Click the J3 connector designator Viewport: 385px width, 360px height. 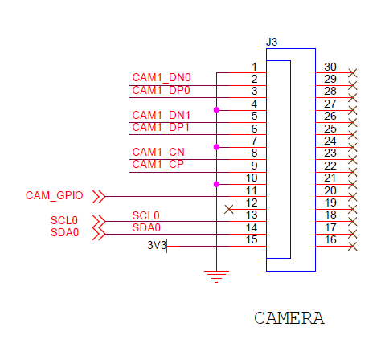[272, 42]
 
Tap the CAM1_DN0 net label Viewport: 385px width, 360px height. [162, 78]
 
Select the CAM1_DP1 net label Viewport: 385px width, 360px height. [161, 127]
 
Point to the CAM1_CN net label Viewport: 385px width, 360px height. [158, 152]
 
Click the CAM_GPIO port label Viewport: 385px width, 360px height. [54, 195]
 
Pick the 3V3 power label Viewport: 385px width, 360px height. [157, 245]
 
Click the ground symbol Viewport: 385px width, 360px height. [216, 276]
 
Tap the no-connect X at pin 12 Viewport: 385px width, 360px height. [229, 210]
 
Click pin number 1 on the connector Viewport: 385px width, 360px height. [254, 67]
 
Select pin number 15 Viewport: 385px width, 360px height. [252, 239]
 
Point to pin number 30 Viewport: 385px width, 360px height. [330, 67]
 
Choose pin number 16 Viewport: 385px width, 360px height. [330, 239]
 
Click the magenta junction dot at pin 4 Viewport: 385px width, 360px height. [216, 110]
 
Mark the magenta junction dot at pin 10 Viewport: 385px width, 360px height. [216, 184]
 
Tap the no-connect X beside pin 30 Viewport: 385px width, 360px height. [353, 73]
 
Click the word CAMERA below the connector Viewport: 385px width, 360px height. [289, 318]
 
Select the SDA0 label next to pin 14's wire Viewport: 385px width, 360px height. [146, 227]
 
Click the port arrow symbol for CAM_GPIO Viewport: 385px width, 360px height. [99, 197]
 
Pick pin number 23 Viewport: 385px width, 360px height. [330, 153]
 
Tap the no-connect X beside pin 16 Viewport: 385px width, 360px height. [353, 246]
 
